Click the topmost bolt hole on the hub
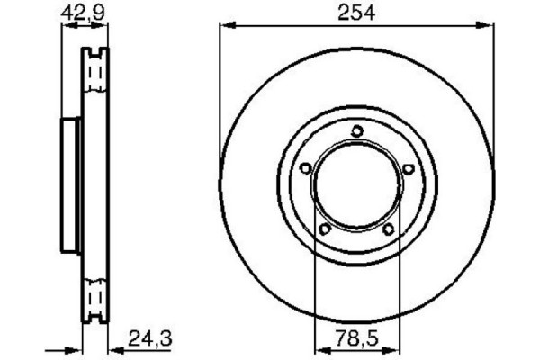click(356, 131)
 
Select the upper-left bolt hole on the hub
click(305, 168)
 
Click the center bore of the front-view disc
click(356, 185)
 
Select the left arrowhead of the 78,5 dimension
click(318, 351)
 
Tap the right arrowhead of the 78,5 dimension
click(394, 351)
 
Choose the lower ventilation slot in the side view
click(95, 297)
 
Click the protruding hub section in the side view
click(70, 184)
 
